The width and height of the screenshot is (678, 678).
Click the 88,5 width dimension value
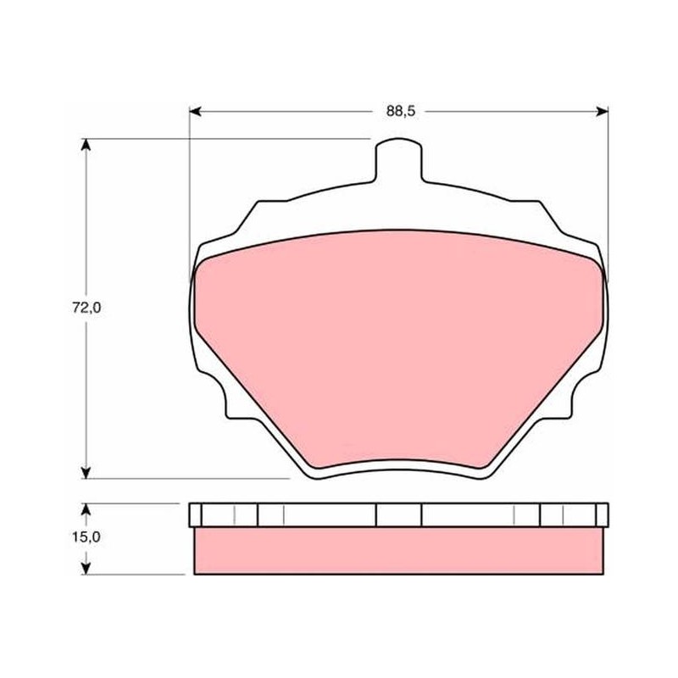[x=400, y=111]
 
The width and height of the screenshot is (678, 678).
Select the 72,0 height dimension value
[x=86, y=308]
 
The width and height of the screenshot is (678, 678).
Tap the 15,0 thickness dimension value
[x=86, y=537]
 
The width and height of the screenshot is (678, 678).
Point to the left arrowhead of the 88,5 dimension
[x=196, y=112]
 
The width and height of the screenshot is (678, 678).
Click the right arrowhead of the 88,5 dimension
[x=603, y=112]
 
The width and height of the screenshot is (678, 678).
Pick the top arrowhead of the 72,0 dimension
[x=86, y=145]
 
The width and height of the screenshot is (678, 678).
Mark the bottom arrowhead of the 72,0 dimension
[x=86, y=473]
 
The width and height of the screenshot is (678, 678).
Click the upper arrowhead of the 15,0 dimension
[x=86, y=509]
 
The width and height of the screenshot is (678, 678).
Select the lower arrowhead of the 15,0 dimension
[x=86, y=568]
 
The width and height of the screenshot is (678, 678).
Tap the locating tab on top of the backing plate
[x=398, y=160]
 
